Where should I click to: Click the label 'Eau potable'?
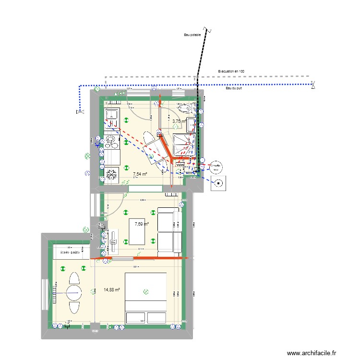tap(192, 35)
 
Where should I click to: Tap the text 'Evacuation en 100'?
tap(231, 71)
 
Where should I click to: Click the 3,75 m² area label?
tap(179, 121)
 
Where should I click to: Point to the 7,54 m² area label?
tap(140, 174)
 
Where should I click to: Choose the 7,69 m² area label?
tap(142, 224)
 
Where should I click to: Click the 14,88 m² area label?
tap(111, 289)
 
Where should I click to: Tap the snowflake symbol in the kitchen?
tap(112, 174)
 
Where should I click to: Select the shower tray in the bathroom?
tap(183, 144)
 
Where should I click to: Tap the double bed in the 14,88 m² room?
tap(145, 298)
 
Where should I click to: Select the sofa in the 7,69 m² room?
tap(168, 229)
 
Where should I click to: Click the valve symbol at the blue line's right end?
tap(312, 85)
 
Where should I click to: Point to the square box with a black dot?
tap(219, 183)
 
